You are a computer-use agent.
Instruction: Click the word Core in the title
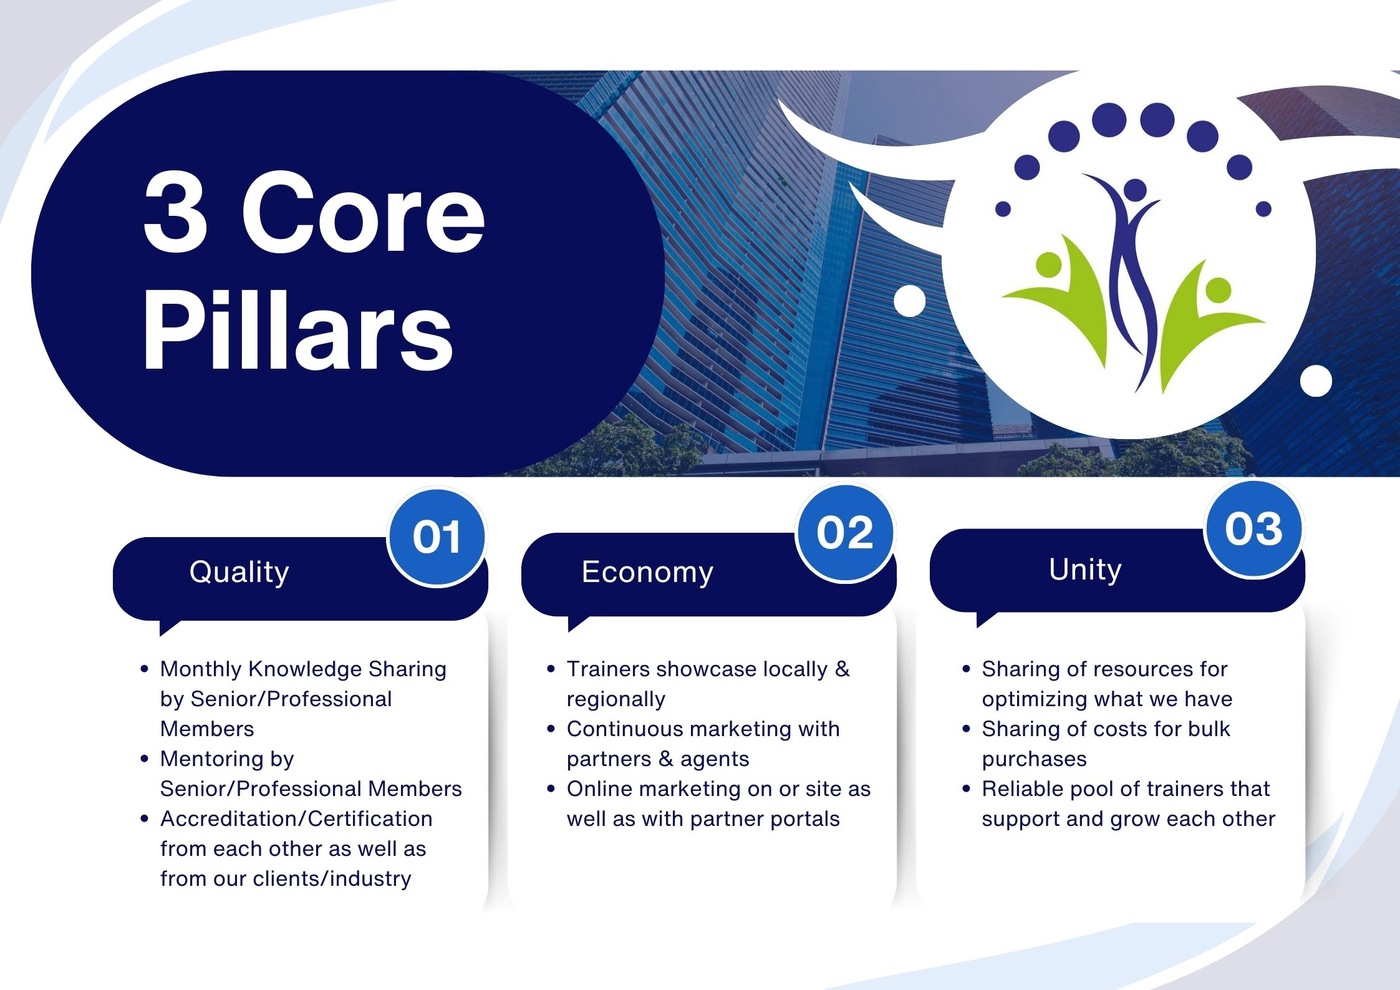[364, 213]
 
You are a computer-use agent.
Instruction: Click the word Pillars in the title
[298, 329]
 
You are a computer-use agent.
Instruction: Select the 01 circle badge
[437, 537]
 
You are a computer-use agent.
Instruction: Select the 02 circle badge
[845, 533]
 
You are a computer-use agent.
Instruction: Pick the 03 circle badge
[1253, 529]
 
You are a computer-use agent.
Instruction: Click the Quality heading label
[239, 572]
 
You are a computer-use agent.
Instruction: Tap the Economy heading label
[647, 571]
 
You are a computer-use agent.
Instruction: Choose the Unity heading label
[1085, 570]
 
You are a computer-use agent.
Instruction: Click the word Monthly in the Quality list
[201, 669]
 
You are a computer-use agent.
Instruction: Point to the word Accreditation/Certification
[296, 818]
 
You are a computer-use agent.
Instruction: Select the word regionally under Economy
[616, 699]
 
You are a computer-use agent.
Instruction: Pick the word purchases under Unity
[1034, 759]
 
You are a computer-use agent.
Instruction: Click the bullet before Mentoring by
[145, 759]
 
